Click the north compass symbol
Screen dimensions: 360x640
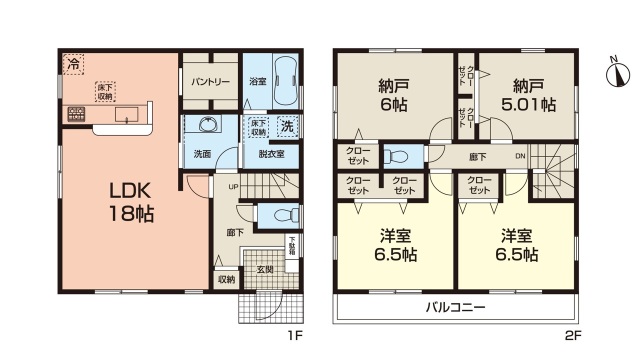[617, 72]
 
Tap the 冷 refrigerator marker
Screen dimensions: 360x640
[74, 65]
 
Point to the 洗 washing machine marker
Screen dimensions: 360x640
[286, 127]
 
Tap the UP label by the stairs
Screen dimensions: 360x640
[233, 186]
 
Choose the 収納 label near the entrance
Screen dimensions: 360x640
[227, 279]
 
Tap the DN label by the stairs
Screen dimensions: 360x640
[518, 157]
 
